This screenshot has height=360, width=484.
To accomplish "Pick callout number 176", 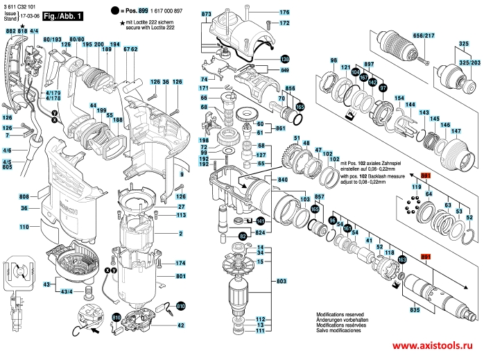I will click(x=284, y=13).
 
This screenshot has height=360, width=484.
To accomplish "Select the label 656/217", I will click(x=423, y=35).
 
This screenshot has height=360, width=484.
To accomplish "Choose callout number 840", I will click(x=283, y=179).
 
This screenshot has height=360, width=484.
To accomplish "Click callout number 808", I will click(x=23, y=196).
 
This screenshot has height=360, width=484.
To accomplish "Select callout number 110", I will click(x=24, y=227).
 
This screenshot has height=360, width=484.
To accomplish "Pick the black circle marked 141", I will click(x=260, y=221).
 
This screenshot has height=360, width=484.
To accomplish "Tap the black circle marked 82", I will click(x=243, y=237).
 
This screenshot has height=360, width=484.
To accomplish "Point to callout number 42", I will click(x=181, y=325).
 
